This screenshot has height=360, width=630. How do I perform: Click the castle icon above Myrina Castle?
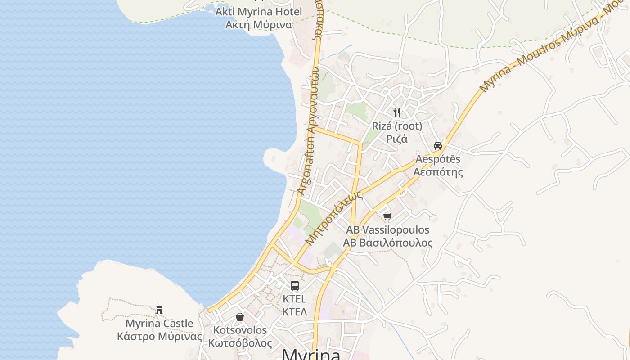[x=159, y=310]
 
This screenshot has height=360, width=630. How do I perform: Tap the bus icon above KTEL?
[x=295, y=285]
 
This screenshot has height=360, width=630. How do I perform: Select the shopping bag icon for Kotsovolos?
[x=240, y=317]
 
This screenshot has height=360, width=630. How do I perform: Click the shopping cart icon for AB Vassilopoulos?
[x=387, y=216]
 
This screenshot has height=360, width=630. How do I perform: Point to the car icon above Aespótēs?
[x=438, y=145]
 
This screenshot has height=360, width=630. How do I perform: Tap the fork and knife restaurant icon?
[x=397, y=112]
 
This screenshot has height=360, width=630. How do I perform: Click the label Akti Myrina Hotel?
[x=258, y=11]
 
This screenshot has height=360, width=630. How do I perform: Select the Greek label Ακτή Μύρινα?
[x=258, y=24]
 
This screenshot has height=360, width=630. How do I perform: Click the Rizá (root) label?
[x=397, y=126]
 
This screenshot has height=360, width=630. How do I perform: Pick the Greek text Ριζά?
[x=397, y=139]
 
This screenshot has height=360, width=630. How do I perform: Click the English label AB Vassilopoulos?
[x=387, y=230]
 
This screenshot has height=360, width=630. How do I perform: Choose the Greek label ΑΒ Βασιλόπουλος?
[x=387, y=243]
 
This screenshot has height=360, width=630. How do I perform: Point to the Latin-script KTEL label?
[x=295, y=299]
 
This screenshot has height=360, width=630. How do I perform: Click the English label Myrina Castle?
[x=159, y=324]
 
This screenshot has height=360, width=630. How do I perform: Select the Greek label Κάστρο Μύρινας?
[x=159, y=337]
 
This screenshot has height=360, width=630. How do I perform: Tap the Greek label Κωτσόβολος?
[x=240, y=343]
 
